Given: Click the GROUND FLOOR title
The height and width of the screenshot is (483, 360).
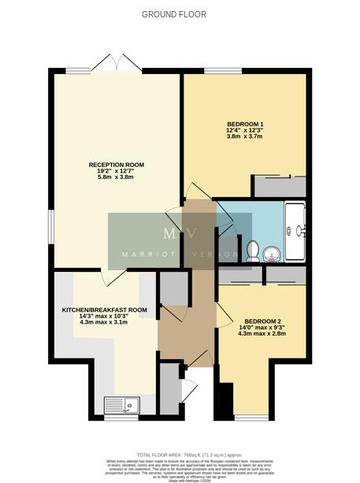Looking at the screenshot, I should click(x=173, y=14).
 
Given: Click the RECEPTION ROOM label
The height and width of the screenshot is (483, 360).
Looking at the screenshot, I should click(x=116, y=165).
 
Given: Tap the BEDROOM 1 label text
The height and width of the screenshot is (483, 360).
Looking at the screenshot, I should click(x=245, y=124).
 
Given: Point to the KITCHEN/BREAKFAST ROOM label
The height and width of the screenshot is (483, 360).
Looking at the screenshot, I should click(x=104, y=310).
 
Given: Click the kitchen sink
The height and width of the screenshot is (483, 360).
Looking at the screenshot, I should click(x=121, y=405).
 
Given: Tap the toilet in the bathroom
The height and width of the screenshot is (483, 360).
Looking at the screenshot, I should click(x=253, y=251).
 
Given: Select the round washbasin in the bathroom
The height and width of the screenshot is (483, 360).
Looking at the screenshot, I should click(x=272, y=253).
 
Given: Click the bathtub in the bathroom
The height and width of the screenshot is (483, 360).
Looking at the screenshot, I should click(x=295, y=232).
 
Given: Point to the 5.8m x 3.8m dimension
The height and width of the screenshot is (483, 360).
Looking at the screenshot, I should click(x=116, y=177).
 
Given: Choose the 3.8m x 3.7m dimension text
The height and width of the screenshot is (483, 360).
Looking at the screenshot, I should click(x=245, y=136).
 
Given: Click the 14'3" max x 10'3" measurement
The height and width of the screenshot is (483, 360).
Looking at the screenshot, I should click(x=104, y=316).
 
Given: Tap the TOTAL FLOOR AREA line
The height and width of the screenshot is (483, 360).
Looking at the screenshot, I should click(x=180, y=455).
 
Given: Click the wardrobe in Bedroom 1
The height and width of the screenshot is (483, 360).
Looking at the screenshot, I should click(x=278, y=187).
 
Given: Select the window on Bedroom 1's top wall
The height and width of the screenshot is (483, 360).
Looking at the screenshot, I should click(x=223, y=72).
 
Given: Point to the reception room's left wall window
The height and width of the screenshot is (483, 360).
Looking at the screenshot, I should click(x=51, y=233).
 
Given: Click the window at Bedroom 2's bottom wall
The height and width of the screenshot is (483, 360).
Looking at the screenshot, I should click(x=251, y=417).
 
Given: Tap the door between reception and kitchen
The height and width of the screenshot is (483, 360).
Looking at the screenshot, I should click(x=114, y=275).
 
